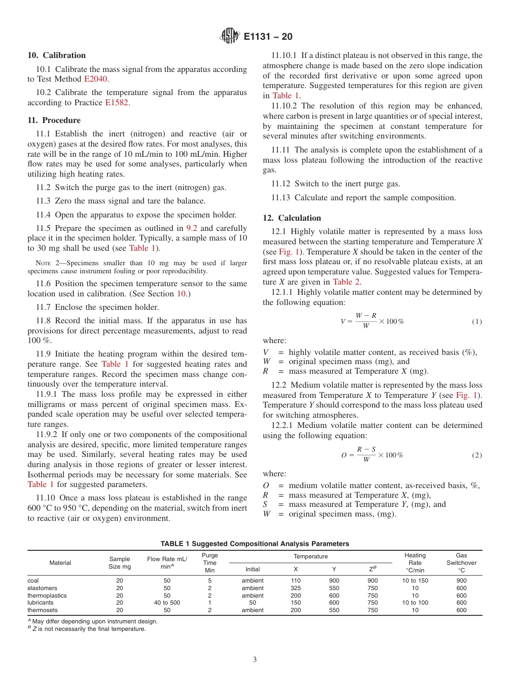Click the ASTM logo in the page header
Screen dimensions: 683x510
[230, 37]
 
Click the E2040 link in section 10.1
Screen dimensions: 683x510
[96, 79]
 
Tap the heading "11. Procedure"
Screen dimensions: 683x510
[54, 120]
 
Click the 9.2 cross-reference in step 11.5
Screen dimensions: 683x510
[192, 228]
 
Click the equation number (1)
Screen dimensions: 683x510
[477, 322]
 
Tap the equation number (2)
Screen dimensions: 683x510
[477, 455]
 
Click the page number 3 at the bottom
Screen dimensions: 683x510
[255, 660]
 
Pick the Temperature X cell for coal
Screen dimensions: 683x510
[295, 580]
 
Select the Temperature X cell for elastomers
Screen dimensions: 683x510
[295, 588]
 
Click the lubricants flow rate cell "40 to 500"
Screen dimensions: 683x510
[167, 602]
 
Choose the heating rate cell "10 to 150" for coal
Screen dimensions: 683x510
[415, 580]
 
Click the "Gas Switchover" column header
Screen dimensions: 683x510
[461, 563]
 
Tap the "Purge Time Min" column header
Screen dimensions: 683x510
[210, 563]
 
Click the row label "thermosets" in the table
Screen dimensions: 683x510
[42, 610]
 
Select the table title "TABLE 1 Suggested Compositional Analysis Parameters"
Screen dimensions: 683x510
[254, 544]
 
